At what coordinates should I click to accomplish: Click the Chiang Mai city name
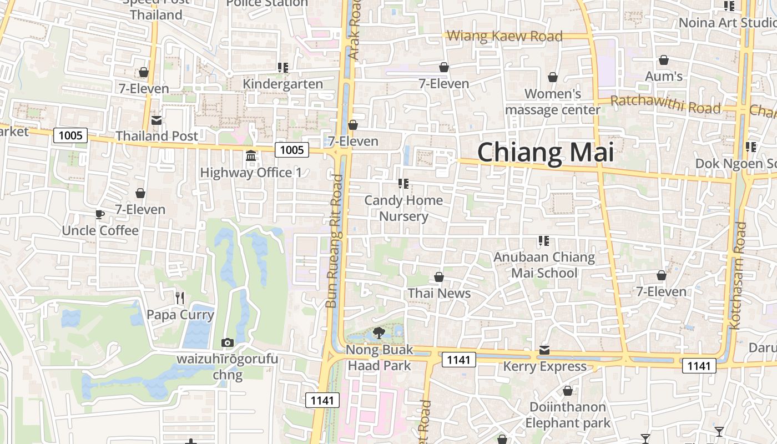[x=546, y=153]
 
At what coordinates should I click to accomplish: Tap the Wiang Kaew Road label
[x=504, y=37]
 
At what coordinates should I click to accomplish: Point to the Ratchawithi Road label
[x=665, y=104]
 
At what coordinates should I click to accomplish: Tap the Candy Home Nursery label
[x=403, y=208]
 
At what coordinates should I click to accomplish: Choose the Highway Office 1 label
[x=251, y=173]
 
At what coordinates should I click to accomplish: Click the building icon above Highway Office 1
[x=251, y=155]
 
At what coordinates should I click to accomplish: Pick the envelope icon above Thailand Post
[x=157, y=120]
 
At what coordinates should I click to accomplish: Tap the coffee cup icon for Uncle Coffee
[x=100, y=214]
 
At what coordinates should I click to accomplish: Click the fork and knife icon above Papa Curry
[x=179, y=298]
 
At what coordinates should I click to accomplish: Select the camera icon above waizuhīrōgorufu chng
[x=227, y=342]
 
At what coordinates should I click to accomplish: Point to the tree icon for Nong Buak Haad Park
[x=380, y=333]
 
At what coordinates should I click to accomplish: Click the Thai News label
[x=439, y=293]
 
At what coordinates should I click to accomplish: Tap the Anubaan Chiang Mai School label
[x=544, y=265]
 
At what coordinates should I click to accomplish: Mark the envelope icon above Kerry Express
[x=544, y=350]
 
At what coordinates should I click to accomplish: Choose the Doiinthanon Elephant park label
[x=567, y=415]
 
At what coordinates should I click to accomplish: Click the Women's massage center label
[x=552, y=102]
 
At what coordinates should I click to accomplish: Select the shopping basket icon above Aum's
[x=664, y=60]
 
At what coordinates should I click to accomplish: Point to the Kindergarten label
[x=282, y=84]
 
